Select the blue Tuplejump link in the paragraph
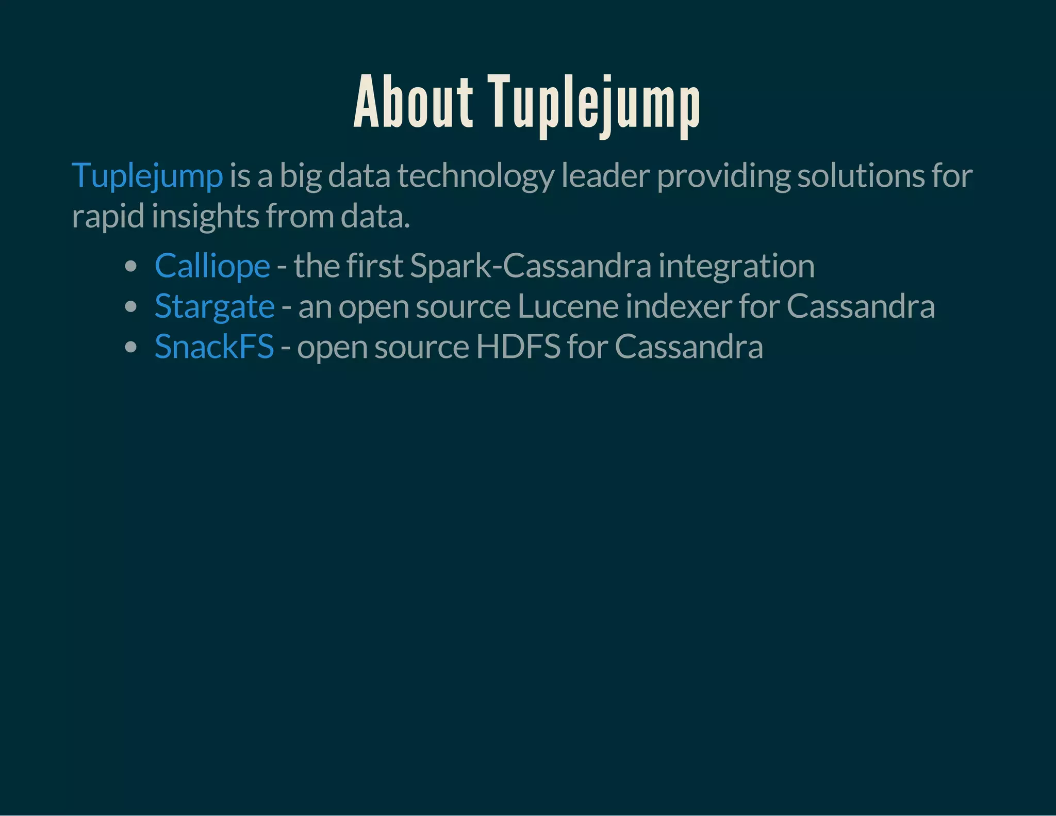147,175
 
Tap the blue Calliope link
212,266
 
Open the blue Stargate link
214,306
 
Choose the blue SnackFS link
214,347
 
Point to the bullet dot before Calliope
131,267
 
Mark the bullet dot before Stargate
131,307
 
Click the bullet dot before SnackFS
131,347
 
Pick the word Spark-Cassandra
531,266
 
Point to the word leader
605,175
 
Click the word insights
205,217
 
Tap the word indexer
678,306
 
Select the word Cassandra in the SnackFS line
689,347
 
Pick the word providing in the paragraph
723,176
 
